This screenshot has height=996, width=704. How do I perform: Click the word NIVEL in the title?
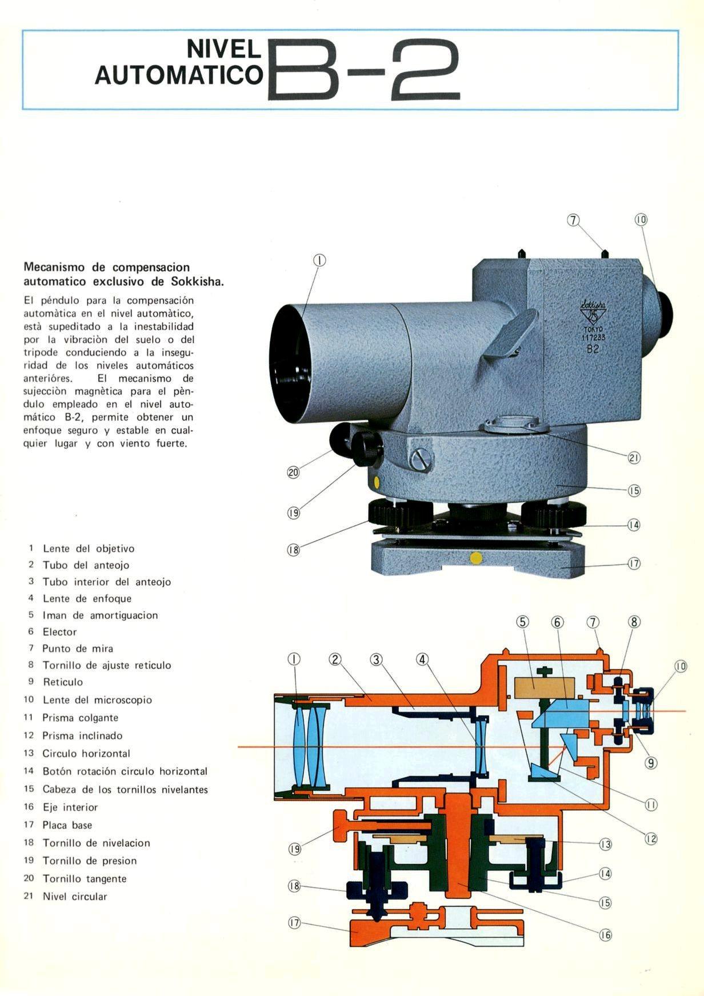click(x=225, y=50)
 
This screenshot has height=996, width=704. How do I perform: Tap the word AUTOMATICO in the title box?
click(x=179, y=75)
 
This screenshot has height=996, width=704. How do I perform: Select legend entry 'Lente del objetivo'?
click(x=89, y=549)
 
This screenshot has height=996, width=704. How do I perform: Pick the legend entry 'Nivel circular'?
click(x=75, y=897)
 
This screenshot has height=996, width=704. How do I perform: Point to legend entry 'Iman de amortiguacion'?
click(x=100, y=615)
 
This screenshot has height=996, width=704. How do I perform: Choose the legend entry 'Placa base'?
click(x=67, y=825)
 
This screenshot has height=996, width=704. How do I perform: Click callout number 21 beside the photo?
click(x=634, y=458)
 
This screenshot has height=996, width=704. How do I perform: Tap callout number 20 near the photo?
click(x=293, y=473)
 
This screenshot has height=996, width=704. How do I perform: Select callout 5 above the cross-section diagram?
click(x=523, y=622)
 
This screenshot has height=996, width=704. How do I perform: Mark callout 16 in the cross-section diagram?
click(x=605, y=935)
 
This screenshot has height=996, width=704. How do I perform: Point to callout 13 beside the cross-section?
click(x=605, y=844)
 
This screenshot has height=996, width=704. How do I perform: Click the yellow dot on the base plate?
click(x=475, y=557)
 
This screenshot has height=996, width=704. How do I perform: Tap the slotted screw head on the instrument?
click(x=421, y=458)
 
